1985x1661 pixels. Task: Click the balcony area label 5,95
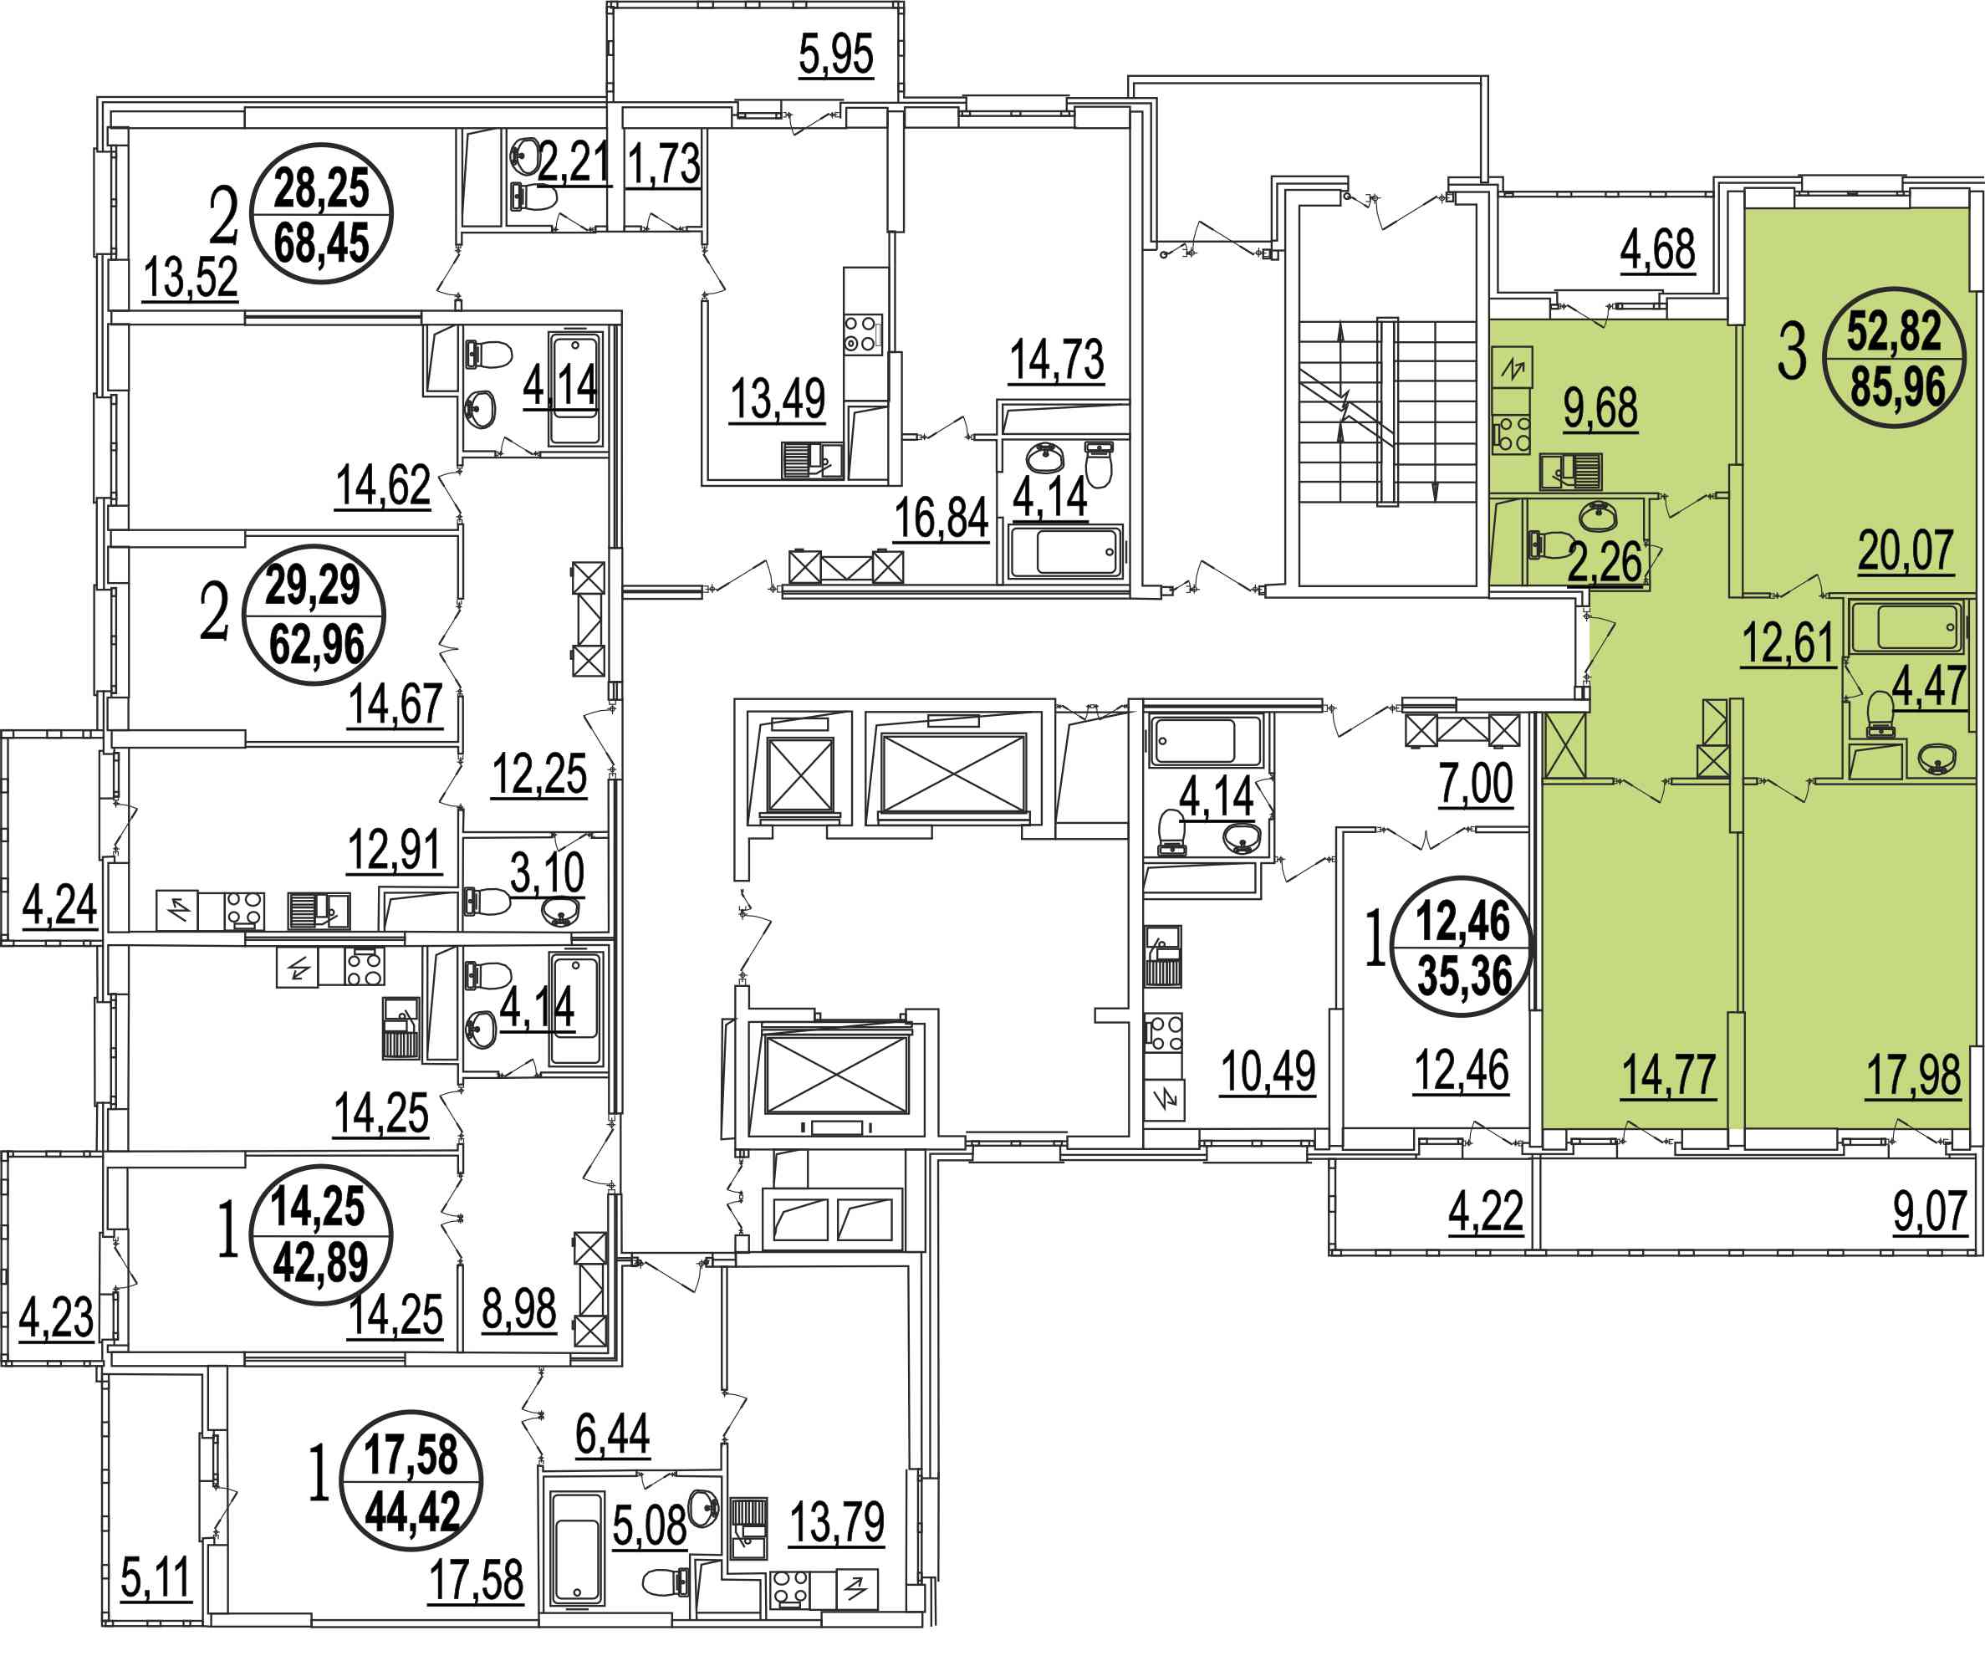click(835, 55)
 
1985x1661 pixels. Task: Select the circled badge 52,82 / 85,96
click(1896, 358)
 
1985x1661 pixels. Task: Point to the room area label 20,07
click(1905, 550)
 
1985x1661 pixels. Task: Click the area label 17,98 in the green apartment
click(1913, 1075)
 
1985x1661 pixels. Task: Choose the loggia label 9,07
click(1929, 1211)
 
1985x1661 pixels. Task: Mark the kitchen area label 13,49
click(778, 399)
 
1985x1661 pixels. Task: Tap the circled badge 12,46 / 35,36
click(1463, 946)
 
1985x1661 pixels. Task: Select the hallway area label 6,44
click(613, 1434)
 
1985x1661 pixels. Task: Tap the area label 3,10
click(548, 872)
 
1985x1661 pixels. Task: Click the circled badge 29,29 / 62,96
click(314, 616)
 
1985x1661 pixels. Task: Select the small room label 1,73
click(664, 165)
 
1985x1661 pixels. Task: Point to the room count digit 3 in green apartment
click(1792, 353)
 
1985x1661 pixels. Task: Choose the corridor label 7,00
click(1476, 784)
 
